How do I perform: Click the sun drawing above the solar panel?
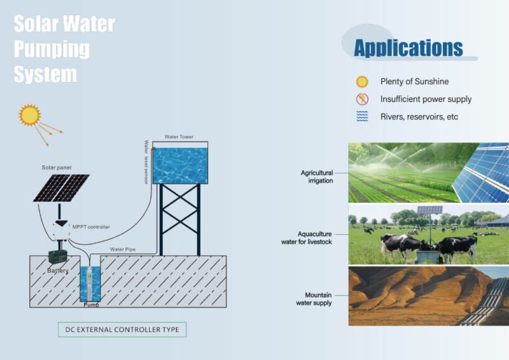29,115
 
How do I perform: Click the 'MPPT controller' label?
91,226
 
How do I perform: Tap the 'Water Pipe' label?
122,249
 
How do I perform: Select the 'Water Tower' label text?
179,137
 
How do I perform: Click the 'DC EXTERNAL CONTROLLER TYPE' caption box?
122,329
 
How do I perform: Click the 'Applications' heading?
408,48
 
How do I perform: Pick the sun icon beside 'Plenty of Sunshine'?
362,81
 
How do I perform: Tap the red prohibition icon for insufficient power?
362,99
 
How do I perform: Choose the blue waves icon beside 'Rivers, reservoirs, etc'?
362,116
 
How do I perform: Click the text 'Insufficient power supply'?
426,99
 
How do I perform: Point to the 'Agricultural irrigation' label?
316,176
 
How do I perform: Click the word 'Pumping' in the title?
52,50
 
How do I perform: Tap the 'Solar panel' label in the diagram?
57,167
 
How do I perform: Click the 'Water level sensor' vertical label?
146,162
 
